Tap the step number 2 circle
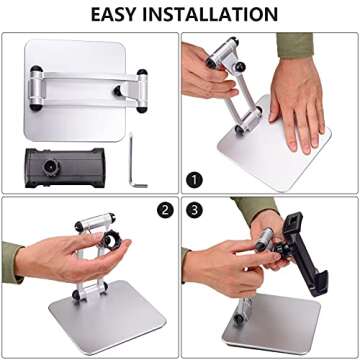pyautogui.click(x=163, y=211)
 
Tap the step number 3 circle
pyautogui.click(x=195, y=211)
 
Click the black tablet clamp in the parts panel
pyautogui.click(x=63, y=162)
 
